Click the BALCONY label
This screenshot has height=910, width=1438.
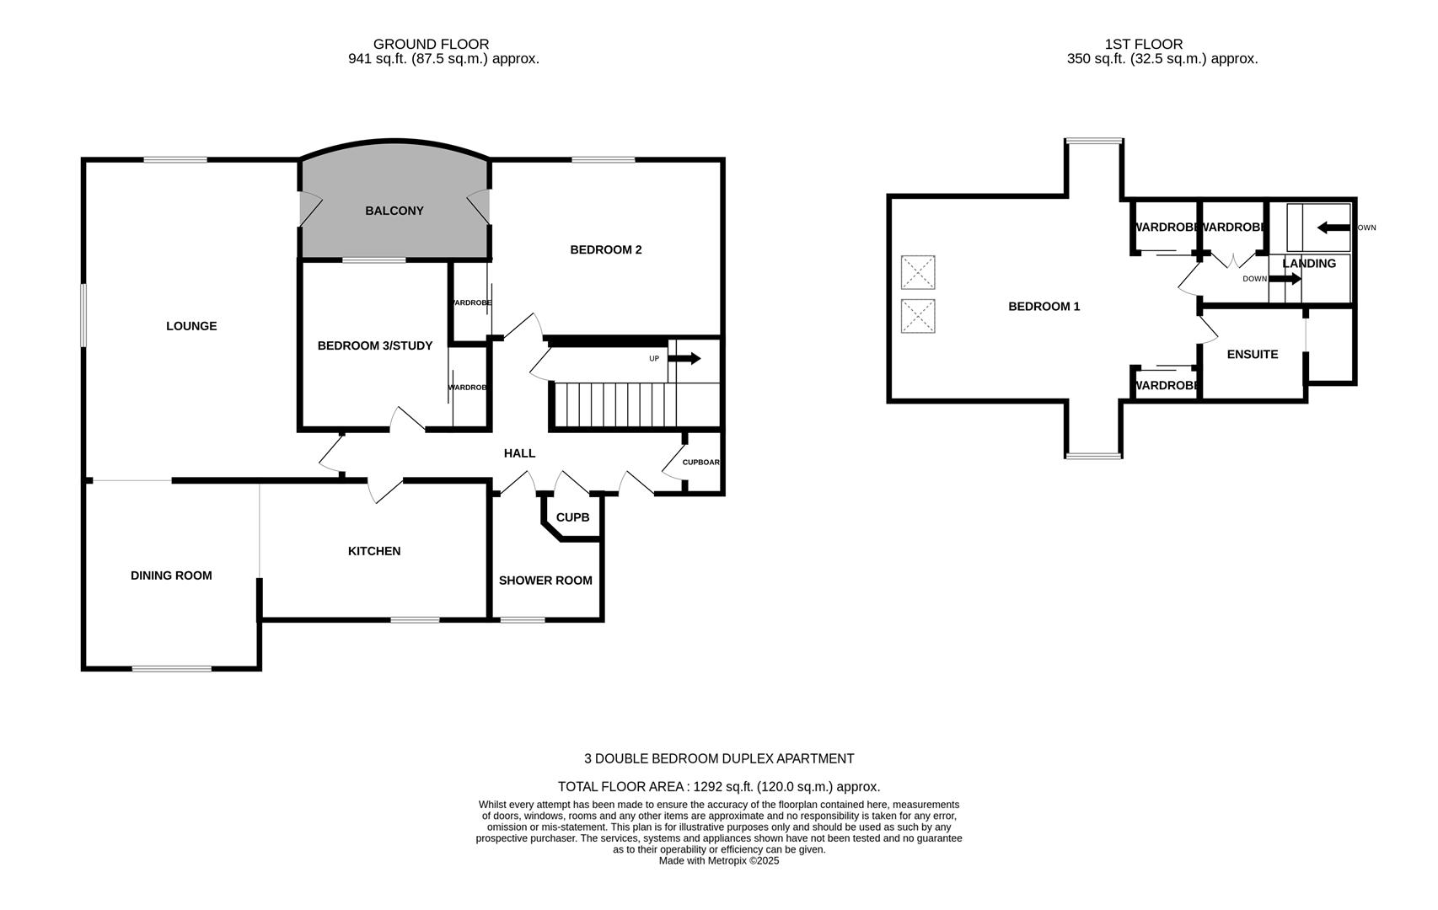pyautogui.click(x=394, y=211)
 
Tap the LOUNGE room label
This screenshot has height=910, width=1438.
pyautogui.click(x=191, y=326)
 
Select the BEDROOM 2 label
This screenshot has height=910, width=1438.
pyautogui.click(x=605, y=249)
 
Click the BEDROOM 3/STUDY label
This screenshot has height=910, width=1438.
pyautogui.click(x=374, y=345)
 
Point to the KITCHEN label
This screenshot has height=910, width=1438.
pyautogui.click(x=374, y=551)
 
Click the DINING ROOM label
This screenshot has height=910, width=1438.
pyautogui.click(x=171, y=575)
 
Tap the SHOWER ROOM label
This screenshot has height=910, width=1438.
pyautogui.click(x=545, y=581)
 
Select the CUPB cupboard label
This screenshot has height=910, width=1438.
pyautogui.click(x=572, y=517)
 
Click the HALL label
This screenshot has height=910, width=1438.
pyautogui.click(x=519, y=453)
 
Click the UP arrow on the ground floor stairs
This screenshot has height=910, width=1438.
pyautogui.click(x=684, y=359)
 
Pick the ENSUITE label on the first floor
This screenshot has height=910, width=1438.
pyautogui.click(x=1252, y=355)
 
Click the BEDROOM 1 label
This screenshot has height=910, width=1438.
pyautogui.click(x=1044, y=307)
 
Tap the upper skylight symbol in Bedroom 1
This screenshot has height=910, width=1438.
pyautogui.click(x=918, y=272)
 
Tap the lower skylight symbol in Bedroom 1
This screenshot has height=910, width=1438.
pyautogui.click(x=918, y=316)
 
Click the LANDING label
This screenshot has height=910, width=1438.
pyautogui.click(x=1308, y=264)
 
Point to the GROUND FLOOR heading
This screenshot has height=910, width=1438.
pyautogui.click(x=431, y=44)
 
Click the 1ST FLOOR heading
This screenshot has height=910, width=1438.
pyautogui.click(x=1143, y=44)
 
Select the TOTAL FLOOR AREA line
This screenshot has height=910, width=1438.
pyautogui.click(x=718, y=787)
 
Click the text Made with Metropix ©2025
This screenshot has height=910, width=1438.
pyautogui.click(x=718, y=861)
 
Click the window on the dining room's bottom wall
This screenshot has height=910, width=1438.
pyautogui.click(x=172, y=669)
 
